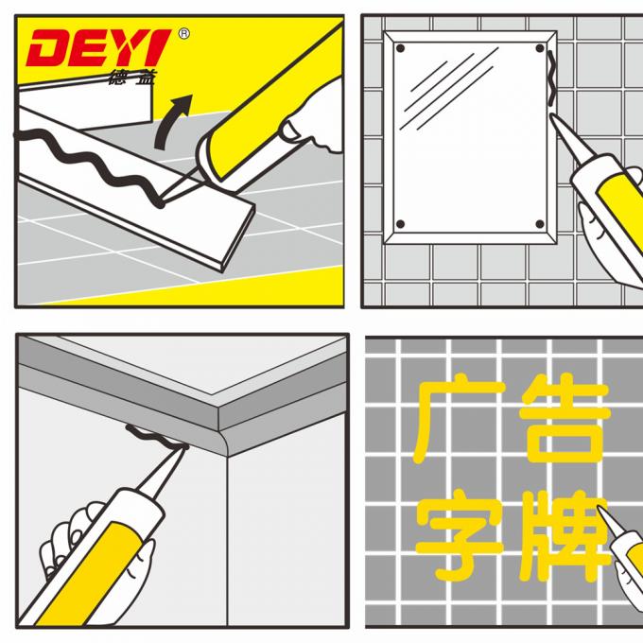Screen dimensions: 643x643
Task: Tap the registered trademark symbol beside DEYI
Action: coord(182,34)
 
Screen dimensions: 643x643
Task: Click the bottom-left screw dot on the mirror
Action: coord(400,224)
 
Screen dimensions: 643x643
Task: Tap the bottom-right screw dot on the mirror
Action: coord(540,224)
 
